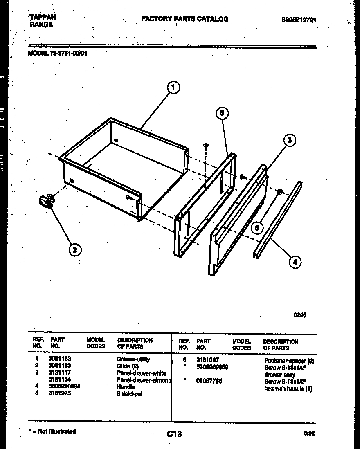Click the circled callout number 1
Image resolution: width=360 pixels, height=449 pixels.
pyautogui.click(x=173, y=87)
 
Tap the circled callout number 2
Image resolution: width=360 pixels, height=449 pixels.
pyautogui.click(x=74, y=249)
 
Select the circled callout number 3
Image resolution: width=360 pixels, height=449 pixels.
pyautogui.click(x=289, y=140)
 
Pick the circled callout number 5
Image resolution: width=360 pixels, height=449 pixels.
pyautogui.click(x=222, y=113)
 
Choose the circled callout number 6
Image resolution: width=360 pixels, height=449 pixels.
pyautogui.click(x=257, y=228)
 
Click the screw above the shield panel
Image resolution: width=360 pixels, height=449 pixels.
pyautogui.click(x=206, y=146)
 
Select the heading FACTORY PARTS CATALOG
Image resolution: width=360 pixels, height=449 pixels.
pyautogui.click(x=184, y=19)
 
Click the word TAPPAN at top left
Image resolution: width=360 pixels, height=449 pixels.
pyautogui.click(x=43, y=17)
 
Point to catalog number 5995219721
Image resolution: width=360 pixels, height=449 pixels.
pyautogui.click(x=299, y=20)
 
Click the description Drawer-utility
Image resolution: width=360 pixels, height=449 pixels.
pyautogui.click(x=133, y=359)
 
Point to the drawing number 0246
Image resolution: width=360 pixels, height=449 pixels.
pyautogui.click(x=300, y=315)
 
